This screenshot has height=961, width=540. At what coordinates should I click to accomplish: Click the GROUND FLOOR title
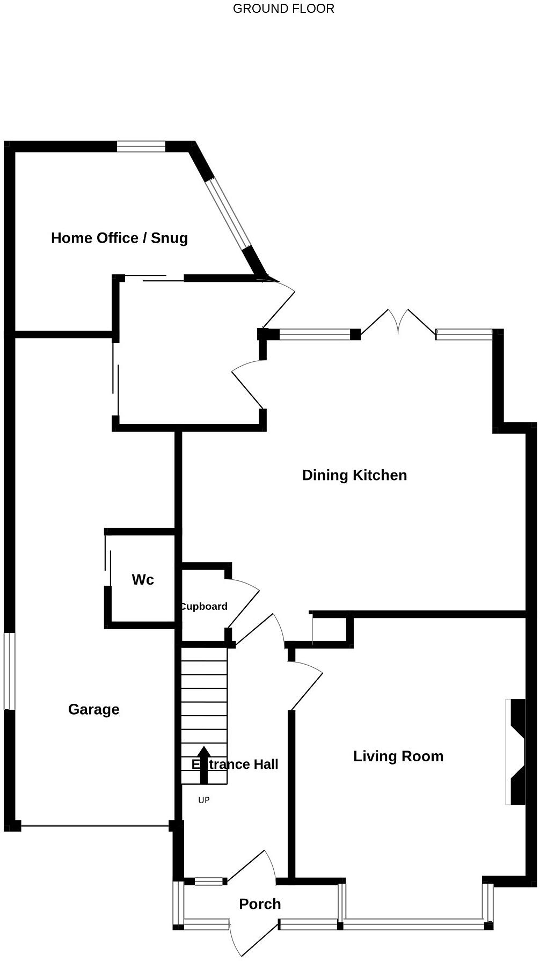(283, 9)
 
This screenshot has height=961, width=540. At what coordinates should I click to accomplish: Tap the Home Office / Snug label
(119, 238)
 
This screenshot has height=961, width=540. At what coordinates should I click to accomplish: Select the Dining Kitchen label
(354, 475)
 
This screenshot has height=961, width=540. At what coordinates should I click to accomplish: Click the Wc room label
(143, 580)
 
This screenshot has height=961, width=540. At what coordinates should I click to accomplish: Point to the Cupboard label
(204, 607)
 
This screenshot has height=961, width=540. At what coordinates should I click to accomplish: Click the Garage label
(94, 710)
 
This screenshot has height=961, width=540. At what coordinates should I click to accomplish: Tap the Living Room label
(398, 756)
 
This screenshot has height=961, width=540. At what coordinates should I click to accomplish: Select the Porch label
(260, 904)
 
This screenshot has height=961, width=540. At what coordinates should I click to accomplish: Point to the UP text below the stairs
(204, 800)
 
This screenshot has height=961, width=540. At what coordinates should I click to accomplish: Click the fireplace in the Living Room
(516, 752)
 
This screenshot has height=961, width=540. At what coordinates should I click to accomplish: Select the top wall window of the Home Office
(141, 146)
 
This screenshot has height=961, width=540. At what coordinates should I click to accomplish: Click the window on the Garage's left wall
(10, 671)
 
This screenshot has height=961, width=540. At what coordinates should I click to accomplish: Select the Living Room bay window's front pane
(413, 924)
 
